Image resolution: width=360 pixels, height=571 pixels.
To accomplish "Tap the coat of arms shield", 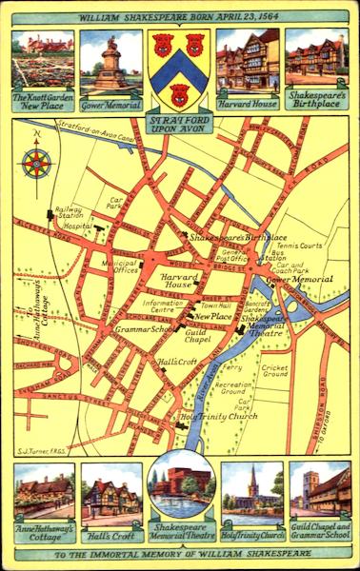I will pos(180,69).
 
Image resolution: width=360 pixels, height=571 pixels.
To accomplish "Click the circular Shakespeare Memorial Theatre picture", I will pos(181,485).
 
